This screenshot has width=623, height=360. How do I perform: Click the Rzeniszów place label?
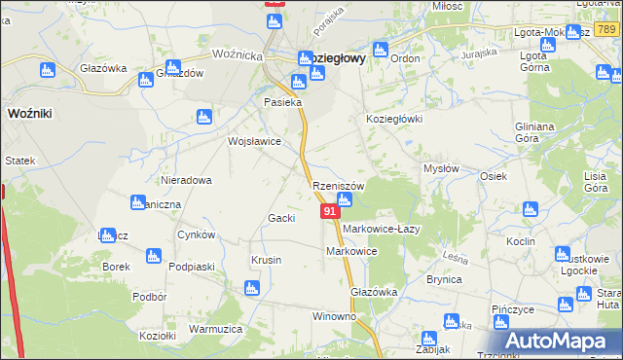tap(338, 186)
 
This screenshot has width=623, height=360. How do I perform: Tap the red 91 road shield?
tap(330, 210)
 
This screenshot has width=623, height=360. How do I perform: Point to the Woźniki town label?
tap(29, 114)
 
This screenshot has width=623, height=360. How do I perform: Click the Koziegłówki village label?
tap(393, 119)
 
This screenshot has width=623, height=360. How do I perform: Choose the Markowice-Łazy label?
tap(381, 229)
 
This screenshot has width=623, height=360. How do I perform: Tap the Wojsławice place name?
tap(254, 141)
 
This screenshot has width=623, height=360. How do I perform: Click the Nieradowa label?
tap(187, 181)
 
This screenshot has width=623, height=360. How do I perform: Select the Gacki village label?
tap(281, 218)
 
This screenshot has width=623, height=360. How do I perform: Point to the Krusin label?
tap(266, 260)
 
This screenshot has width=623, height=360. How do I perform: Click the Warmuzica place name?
tap(215, 329)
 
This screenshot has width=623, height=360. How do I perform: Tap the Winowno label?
tap(334, 317)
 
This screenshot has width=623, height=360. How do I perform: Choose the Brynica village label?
tap(443, 279)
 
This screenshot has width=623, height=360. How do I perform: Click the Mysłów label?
tap(440, 168)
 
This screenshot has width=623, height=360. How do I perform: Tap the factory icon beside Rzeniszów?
tap(344, 200)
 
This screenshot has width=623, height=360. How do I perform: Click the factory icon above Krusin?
tap(252, 288)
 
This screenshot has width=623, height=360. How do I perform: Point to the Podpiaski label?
tap(191, 266)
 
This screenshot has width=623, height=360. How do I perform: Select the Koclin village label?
tap(521, 240)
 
